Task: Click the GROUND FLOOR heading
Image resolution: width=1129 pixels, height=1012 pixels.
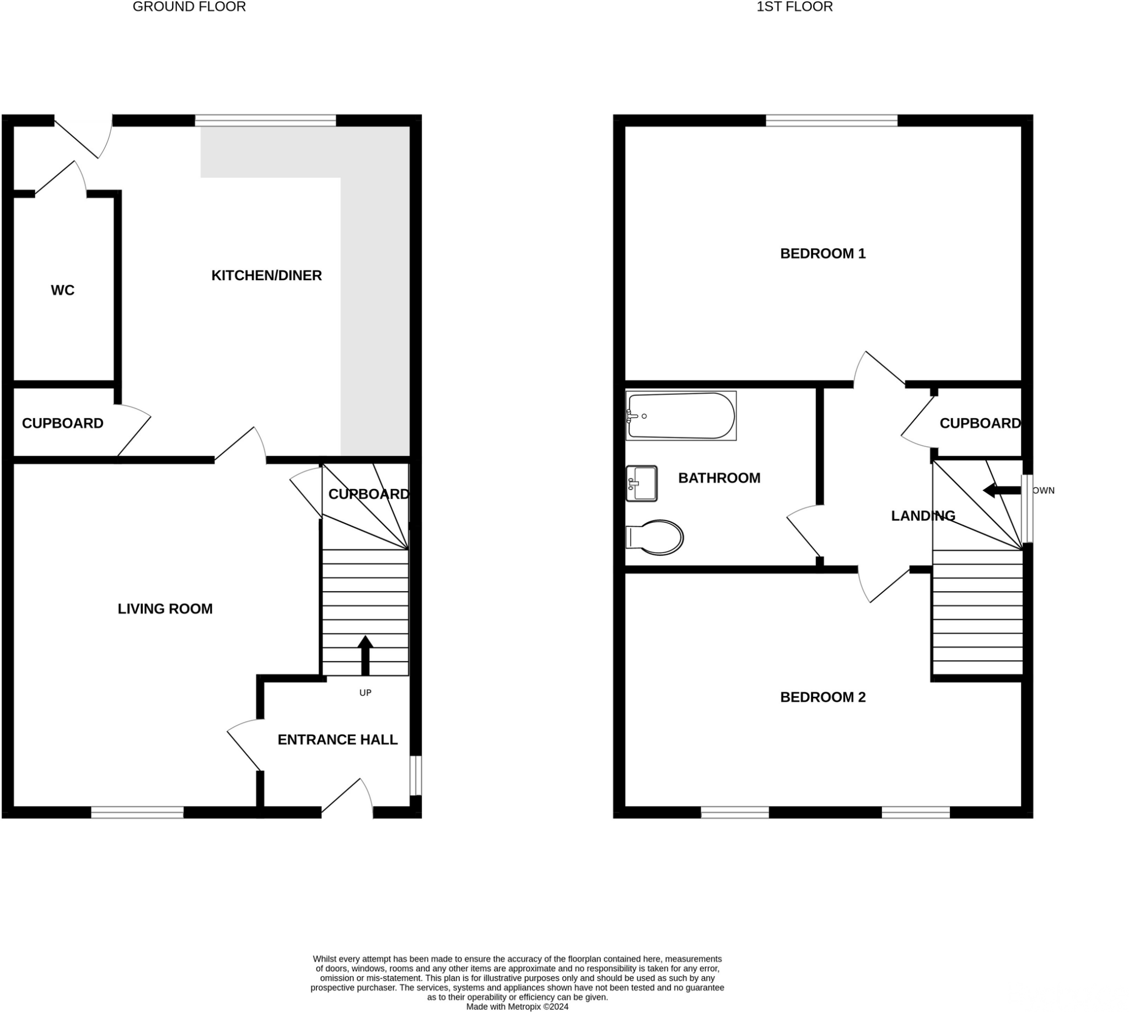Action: tap(189, 7)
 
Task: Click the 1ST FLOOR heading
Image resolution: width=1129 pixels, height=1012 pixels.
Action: tap(794, 7)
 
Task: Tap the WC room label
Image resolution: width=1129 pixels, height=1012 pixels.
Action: tap(62, 290)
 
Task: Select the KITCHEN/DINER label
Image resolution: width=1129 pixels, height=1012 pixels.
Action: tap(266, 275)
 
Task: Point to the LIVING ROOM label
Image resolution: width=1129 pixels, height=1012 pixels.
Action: tap(165, 609)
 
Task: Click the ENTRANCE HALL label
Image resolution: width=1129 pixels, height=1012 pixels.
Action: tap(337, 740)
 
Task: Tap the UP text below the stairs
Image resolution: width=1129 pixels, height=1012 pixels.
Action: tap(365, 693)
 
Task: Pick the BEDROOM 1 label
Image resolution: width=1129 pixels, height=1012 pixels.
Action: tap(822, 254)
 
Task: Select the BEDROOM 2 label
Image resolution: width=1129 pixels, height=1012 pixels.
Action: tap(822, 697)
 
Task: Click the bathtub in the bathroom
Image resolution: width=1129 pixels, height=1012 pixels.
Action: tap(681, 416)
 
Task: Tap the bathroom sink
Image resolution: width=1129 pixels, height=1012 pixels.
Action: tap(642, 483)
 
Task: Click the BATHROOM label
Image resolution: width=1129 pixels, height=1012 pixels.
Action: tap(719, 478)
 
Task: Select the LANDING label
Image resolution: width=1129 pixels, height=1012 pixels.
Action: tap(923, 516)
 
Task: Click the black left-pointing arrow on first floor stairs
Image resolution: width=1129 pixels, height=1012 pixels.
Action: tap(1001, 490)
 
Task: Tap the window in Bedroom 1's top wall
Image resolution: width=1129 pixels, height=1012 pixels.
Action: tap(832, 121)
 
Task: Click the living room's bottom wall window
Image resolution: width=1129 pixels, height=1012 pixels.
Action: tap(137, 812)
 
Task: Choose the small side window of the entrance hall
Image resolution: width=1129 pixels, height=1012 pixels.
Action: tap(416, 775)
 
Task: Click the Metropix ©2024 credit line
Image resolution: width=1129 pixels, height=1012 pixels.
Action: tap(517, 1006)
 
